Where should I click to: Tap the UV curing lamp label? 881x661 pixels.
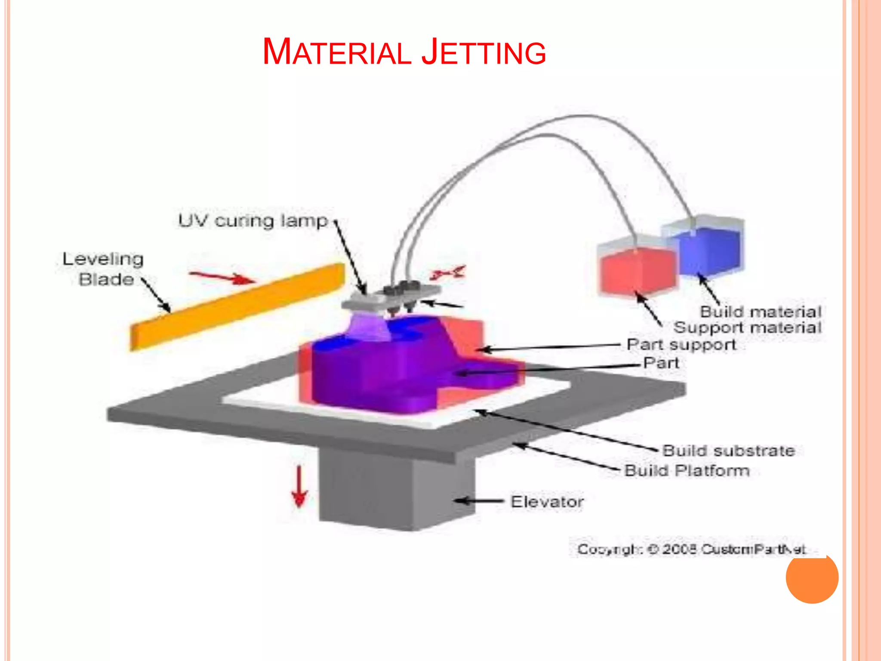click(x=253, y=221)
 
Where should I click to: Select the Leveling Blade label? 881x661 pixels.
click(x=103, y=269)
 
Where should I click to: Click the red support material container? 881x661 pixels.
click(x=637, y=270)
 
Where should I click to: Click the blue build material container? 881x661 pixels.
click(x=710, y=250)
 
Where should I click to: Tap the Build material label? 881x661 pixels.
click(x=761, y=311)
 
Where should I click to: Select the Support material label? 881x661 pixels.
click(x=748, y=327)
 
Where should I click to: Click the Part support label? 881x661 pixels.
click(x=681, y=345)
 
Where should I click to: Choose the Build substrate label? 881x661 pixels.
click(x=728, y=451)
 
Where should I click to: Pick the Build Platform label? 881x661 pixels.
click(x=687, y=470)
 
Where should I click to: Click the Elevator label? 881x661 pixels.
click(x=547, y=502)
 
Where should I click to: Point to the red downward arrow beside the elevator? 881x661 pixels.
click(x=299, y=486)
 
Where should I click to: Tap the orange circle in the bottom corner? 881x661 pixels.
click(x=812, y=577)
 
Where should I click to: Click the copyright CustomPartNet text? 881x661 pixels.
click(x=691, y=550)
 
